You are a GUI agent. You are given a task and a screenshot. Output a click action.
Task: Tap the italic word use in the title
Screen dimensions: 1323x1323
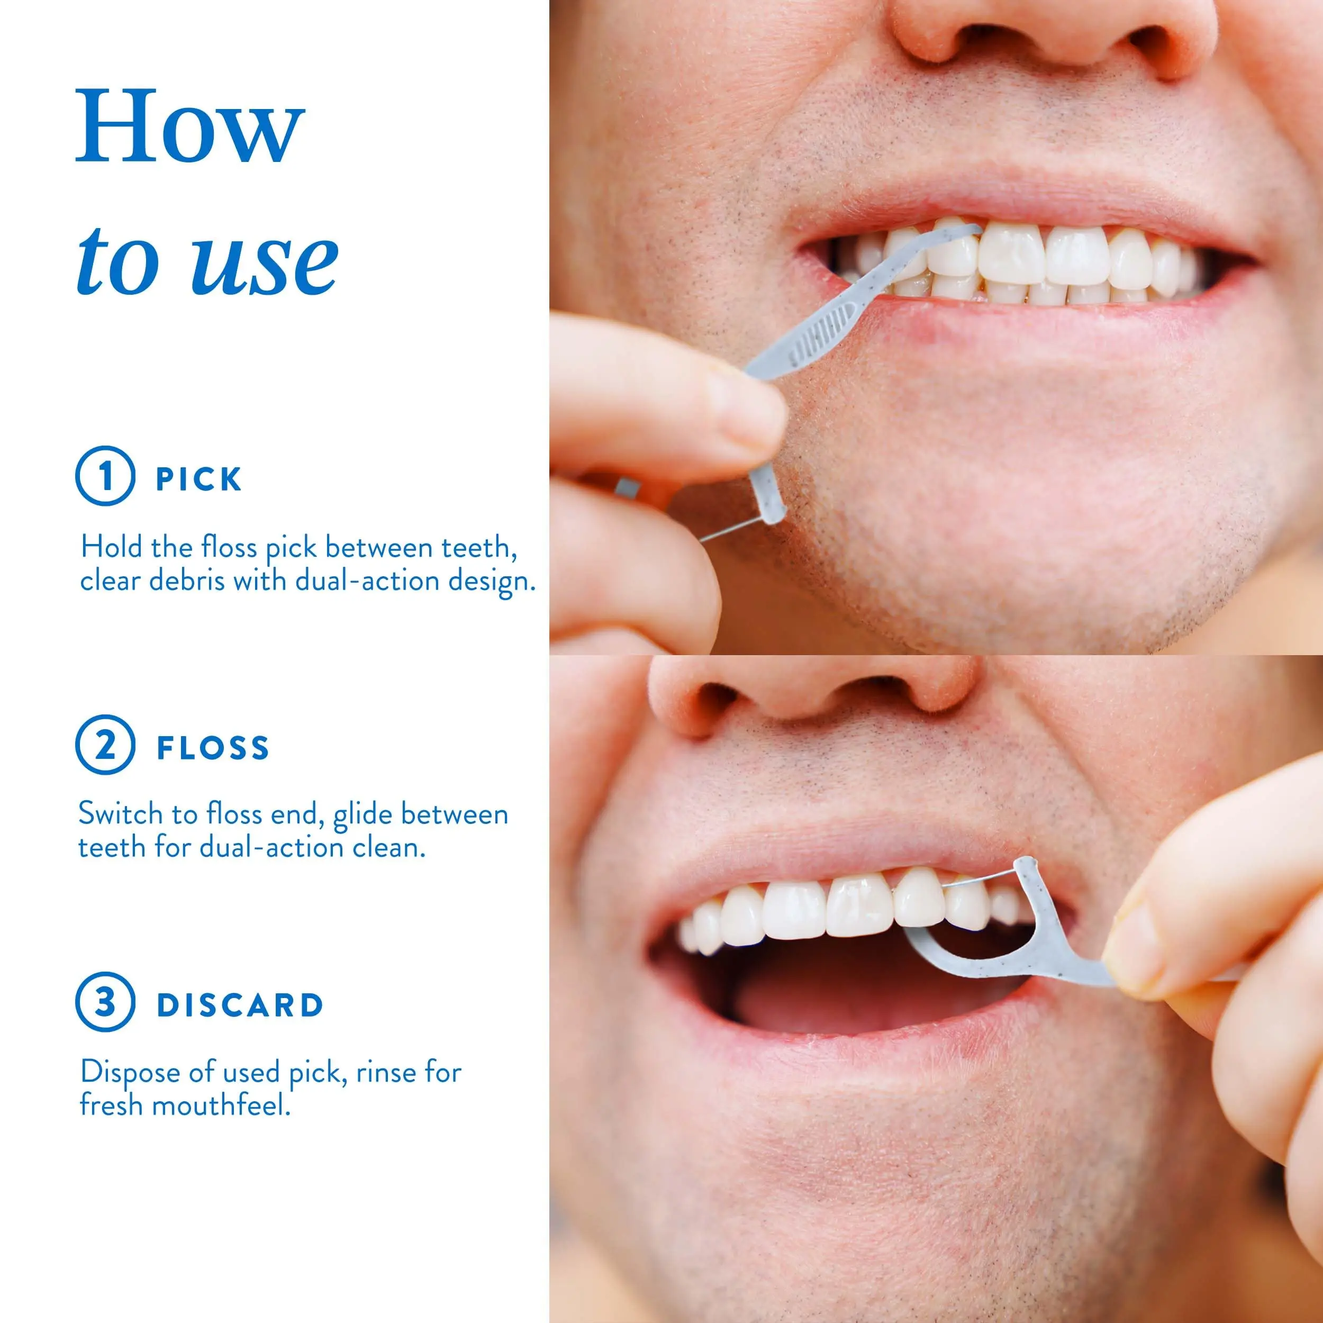264,261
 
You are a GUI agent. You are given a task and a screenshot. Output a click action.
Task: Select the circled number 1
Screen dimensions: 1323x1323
105,475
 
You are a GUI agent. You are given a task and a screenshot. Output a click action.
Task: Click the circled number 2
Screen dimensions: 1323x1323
105,745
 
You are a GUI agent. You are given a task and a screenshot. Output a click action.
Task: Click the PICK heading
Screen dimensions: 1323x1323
198,479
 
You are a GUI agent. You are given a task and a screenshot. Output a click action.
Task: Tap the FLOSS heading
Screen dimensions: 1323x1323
213,748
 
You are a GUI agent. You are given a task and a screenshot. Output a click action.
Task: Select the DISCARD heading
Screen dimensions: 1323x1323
240,1005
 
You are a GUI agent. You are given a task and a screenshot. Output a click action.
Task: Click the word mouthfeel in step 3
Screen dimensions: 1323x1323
221,1105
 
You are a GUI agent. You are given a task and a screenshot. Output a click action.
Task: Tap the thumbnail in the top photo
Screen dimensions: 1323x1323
746,408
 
